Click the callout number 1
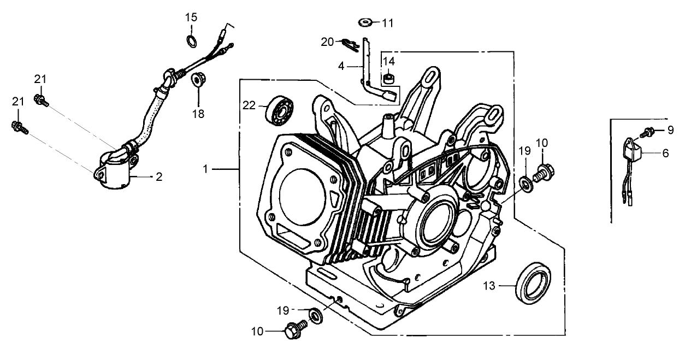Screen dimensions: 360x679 coord(205,170)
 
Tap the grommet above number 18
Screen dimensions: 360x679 coord(197,79)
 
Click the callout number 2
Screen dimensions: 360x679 coord(159,177)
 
